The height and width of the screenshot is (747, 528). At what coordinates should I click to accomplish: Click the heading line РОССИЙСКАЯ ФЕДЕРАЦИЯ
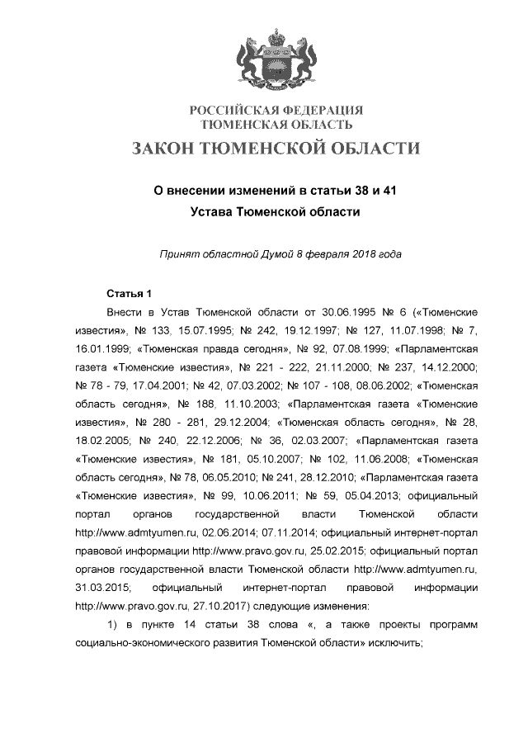(276, 111)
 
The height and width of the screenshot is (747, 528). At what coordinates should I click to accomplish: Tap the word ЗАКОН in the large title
(174, 149)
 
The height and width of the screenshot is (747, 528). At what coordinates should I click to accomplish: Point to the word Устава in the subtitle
(213, 211)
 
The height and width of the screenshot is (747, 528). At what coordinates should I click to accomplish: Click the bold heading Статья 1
(130, 295)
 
